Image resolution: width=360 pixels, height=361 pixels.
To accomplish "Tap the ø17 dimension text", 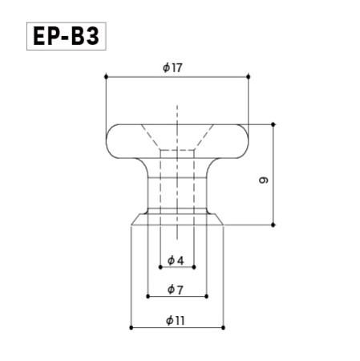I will pos(172,68).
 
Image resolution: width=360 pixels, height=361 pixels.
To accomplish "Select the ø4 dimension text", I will pos(176,261).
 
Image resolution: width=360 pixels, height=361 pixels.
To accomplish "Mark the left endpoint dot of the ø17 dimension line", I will pos(106,77).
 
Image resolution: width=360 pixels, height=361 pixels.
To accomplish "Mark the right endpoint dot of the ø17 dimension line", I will pos(250,77).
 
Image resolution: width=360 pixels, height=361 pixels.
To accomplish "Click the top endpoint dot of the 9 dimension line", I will pos(273,124).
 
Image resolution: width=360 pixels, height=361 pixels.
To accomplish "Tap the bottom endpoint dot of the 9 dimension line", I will pos(273,226).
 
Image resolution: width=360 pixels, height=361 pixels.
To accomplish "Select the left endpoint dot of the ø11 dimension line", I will pos(131,327).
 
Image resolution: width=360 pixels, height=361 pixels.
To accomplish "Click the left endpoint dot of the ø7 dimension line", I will pos(148,297).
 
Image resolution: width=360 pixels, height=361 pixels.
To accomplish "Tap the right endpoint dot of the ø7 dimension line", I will pos(207,297).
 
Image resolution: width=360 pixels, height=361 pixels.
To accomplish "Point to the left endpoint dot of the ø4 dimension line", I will pos(160,268).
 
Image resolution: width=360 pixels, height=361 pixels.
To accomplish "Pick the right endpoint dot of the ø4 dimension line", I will pos(194,268).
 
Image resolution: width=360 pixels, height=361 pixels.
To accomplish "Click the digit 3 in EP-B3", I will pos(93,38).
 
